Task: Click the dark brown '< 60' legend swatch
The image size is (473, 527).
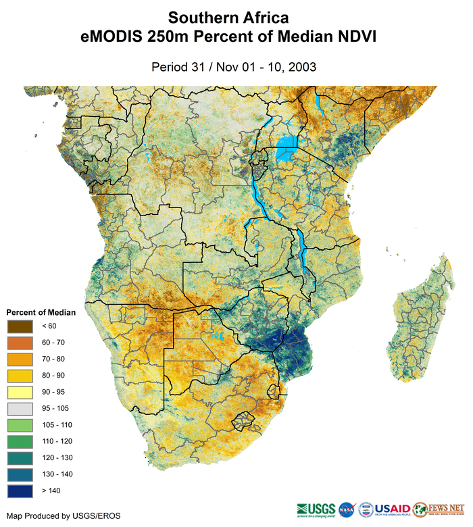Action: [20, 326]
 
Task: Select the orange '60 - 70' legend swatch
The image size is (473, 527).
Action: [20, 342]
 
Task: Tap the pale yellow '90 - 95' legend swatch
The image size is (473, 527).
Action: [20, 391]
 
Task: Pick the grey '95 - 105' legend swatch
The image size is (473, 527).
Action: [20, 408]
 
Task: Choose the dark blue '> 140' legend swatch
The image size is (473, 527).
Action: [20, 490]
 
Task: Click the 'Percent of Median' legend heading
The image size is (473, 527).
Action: [41, 313]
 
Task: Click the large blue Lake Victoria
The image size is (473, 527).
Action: [287, 146]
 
